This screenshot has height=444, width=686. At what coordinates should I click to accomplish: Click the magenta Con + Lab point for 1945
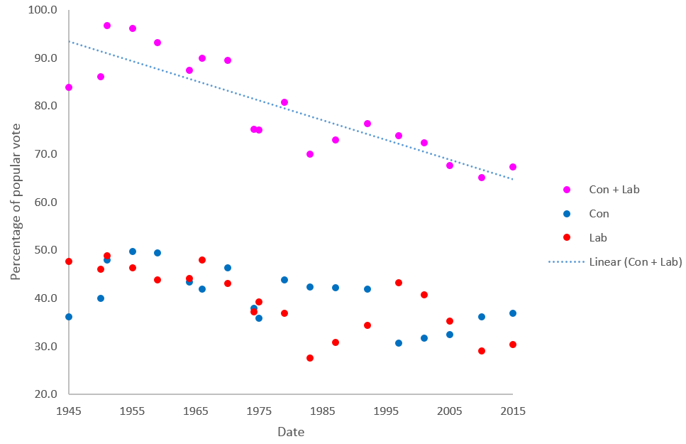click(69, 87)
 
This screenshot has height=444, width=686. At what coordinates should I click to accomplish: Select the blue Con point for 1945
click(69, 317)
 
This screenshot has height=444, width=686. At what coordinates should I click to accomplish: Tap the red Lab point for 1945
click(69, 261)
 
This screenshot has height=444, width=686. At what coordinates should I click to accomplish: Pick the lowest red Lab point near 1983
click(310, 358)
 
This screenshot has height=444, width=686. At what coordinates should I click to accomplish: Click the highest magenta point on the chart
click(107, 26)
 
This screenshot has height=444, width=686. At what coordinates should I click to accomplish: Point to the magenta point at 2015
click(513, 167)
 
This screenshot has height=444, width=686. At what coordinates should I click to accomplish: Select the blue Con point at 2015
click(513, 313)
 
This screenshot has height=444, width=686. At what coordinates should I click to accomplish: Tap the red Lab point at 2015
click(513, 345)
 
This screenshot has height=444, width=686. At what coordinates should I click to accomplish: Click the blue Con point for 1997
click(399, 343)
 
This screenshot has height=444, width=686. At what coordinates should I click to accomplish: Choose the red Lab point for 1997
click(399, 283)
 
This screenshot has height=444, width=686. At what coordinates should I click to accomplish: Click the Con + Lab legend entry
click(614, 190)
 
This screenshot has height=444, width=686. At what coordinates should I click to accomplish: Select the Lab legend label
click(598, 238)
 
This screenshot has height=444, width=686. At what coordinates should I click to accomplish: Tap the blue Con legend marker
click(566, 214)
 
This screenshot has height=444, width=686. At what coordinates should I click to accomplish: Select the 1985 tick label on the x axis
click(323, 411)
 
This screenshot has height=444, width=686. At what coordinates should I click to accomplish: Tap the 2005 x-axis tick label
click(450, 411)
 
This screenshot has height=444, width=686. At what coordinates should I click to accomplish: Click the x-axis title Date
click(291, 431)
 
